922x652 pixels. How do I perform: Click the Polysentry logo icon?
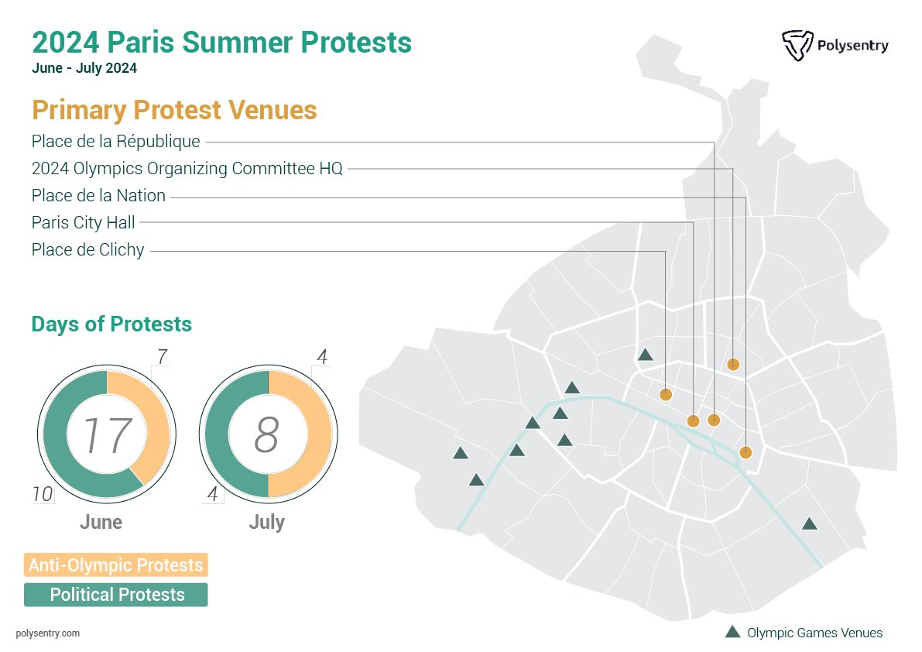click(797, 46)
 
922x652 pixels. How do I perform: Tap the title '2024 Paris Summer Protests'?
click(221, 42)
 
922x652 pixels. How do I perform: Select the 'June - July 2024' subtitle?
click(84, 68)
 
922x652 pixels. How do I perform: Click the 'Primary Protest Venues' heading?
click(174, 110)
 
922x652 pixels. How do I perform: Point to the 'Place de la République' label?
click(115, 142)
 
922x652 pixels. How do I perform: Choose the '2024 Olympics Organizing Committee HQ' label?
click(187, 169)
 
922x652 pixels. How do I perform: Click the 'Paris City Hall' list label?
click(83, 223)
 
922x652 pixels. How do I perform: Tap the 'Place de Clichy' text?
click(87, 250)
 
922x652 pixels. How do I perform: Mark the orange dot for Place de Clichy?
click(665, 395)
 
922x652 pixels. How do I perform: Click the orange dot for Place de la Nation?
click(745, 453)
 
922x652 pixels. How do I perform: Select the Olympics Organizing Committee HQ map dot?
click(733, 364)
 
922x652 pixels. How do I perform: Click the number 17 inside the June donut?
click(107, 435)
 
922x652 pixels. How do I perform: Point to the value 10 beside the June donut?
click(43, 494)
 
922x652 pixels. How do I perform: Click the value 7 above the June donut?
click(162, 357)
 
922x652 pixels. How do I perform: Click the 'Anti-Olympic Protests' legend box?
click(115, 565)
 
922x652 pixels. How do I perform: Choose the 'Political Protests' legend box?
click(115, 595)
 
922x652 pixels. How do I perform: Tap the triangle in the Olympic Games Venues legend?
click(732, 632)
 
